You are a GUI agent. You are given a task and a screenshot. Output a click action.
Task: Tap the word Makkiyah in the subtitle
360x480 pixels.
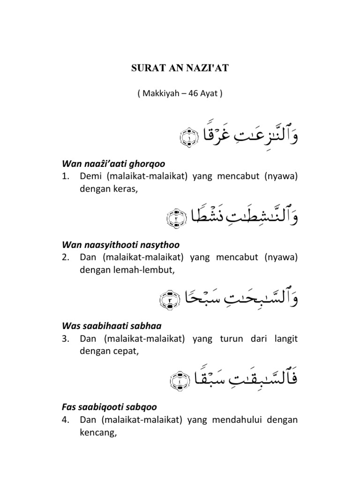pyautogui.click(x=157, y=93)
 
